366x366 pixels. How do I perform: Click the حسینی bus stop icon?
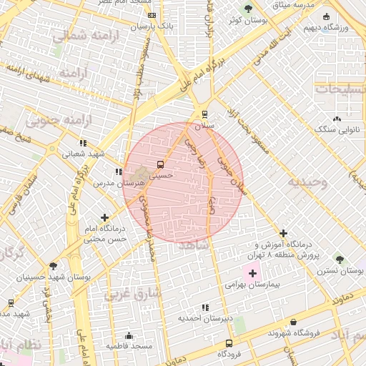click(159, 164)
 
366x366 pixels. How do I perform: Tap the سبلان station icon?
click(205, 114)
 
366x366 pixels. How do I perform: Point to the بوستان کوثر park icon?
click(248, 9)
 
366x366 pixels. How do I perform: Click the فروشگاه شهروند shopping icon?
click(295, 323)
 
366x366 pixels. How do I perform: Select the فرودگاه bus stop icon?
click(228, 343)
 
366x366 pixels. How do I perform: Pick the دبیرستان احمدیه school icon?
click(205, 308)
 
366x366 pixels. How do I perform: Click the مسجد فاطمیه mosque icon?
click(129, 336)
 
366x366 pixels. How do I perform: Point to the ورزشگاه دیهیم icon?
click(327, 17)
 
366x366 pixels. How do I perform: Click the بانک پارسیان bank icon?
click(152, 15)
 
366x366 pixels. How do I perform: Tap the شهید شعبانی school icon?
click(84, 143)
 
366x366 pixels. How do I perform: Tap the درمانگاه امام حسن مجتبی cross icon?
click(105, 217)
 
